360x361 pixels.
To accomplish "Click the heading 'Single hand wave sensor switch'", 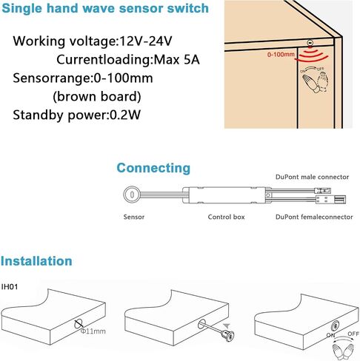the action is click(x=105, y=8).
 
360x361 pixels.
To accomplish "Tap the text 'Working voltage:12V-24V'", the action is click(x=93, y=41).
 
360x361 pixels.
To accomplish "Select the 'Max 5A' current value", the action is click(x=176, y=60).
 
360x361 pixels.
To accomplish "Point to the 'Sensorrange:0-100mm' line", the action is click(x=83, y=78).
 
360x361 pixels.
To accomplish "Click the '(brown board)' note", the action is click(x=97, y=96).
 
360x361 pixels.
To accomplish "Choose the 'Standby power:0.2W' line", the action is click(x=76, y=115).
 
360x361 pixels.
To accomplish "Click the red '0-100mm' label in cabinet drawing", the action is click(x=281, y=54).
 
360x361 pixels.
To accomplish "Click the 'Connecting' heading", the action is click(x=153, y=168).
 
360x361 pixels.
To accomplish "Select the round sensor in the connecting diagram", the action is click(x=132, y=195).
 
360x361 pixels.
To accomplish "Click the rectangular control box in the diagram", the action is click(x=227, y=195).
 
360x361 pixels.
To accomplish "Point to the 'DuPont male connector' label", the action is click(x=312, y=177).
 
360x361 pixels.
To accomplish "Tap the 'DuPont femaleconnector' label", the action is click(x=314, y=217).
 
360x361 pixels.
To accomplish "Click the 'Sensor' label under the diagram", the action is click(x=134, y=217).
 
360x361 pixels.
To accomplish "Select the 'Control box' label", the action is click(x=226, y=217).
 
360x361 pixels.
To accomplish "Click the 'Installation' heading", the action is click(x=36, y=261).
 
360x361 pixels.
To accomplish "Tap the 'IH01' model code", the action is click(x=10, y=287).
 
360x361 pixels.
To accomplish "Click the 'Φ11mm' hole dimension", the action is click(x=93, y=331).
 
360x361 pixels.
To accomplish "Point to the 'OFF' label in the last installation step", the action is click(x=353, y=334).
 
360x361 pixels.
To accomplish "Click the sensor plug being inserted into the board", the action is click(x=227, y=334).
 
